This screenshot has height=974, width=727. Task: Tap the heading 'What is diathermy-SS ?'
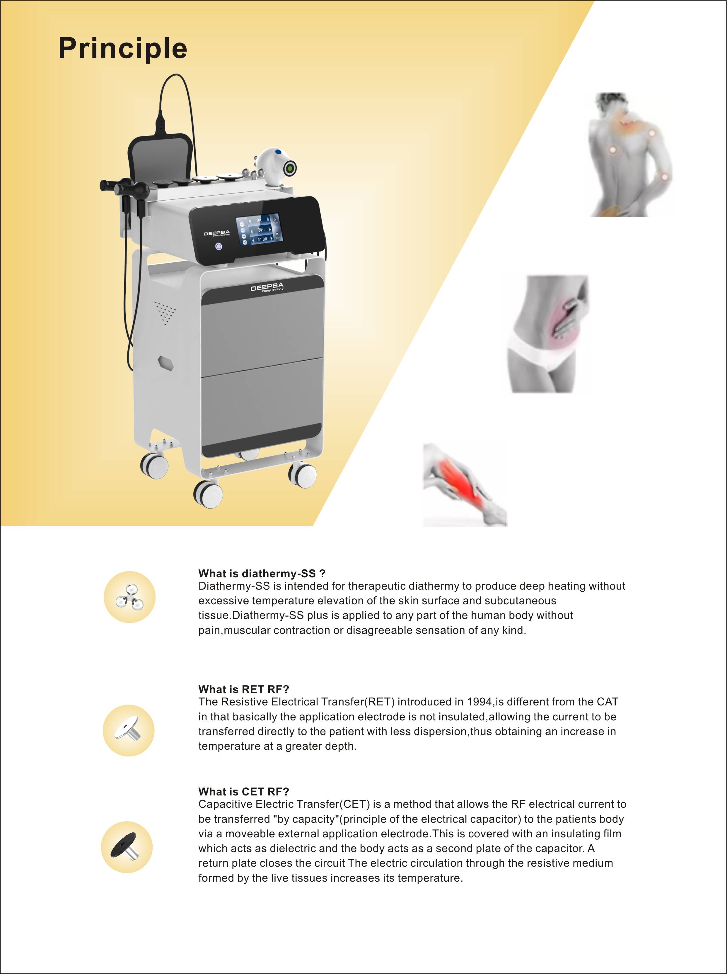click(x=262, y=573)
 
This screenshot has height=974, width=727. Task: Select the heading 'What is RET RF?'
click(x=244, y=689)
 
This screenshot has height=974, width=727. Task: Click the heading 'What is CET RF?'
click(x=244, y=792)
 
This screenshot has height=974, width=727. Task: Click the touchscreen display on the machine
click(x=259, y=229)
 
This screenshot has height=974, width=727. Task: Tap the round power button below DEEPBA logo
click(x=219, y=246)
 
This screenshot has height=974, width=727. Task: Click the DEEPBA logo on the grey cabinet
click(x=267, y=288)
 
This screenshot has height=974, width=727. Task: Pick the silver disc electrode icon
click(x=128, y=731)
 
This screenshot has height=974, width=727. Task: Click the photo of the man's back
click(x=631, y=154)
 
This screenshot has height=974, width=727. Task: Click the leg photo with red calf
click(x=465, y=484)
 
